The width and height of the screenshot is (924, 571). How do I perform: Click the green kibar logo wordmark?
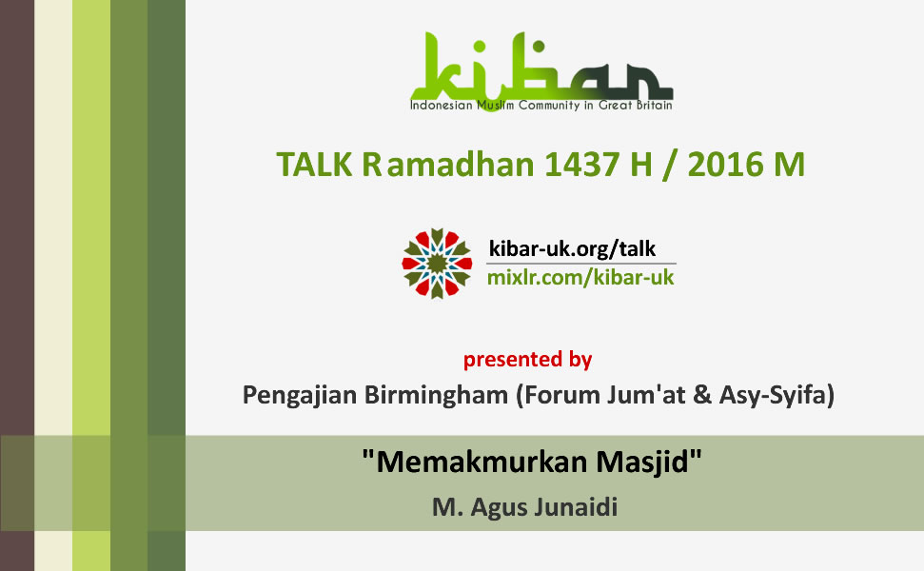[541, 68]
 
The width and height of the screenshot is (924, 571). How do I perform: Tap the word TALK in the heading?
[314, 165]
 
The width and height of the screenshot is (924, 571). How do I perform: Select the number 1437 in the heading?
[581, 165]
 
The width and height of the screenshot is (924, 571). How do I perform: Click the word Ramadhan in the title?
[448, 165]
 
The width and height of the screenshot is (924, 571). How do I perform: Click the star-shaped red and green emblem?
[437, 264]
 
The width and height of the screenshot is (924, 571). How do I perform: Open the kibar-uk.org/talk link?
[572, 248]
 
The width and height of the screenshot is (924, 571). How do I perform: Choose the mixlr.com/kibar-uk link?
[580, 278]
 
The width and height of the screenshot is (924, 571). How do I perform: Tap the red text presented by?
[527, 359]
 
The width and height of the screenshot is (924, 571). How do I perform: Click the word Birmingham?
[436, 395]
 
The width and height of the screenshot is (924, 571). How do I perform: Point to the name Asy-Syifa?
[774, 395]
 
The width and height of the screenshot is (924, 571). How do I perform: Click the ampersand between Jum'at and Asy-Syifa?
[702, 395]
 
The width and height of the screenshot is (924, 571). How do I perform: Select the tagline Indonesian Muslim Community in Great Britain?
[541, 106]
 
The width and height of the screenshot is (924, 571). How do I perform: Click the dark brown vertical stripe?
[17, 285]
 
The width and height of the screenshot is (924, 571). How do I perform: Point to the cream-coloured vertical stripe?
[53, 285]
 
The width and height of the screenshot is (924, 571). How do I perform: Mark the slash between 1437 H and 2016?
[670, 165]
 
